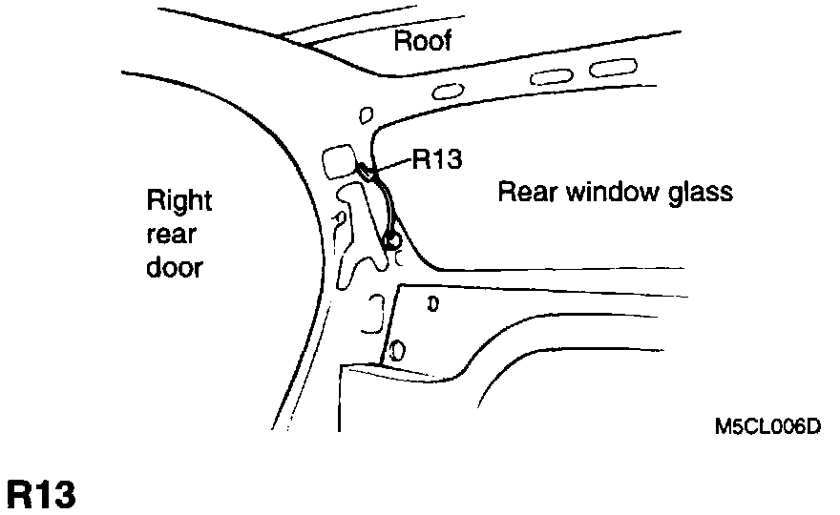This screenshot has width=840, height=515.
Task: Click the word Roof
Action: tap(422, 41)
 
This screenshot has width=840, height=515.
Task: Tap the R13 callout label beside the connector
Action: tap(437, 159)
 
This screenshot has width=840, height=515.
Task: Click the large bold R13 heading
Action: tap(40, 495)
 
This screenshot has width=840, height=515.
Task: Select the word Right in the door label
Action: tap(178, 201)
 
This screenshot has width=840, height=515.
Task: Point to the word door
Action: tap(175, 267)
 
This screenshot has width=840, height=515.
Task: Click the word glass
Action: tap(697, 193)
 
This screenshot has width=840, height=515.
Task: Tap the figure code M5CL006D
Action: tap(767, 425)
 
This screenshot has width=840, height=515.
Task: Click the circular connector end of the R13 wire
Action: tap(391, 239)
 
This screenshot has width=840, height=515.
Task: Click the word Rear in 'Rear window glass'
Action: tap(528, 193)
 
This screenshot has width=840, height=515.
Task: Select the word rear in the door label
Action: tap(171, 235)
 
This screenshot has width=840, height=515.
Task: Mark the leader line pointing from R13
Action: tap(393, 166)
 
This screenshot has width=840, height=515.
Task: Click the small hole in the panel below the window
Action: tap(432, 305)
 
